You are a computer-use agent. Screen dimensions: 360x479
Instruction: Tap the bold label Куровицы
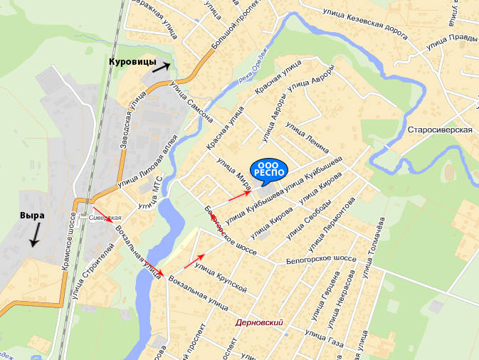pos(132,63)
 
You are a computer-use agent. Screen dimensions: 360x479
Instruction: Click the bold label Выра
pos(32,215)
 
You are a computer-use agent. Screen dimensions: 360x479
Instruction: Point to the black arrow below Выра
pos(34,234)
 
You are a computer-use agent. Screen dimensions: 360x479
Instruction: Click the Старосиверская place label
pos(441,130)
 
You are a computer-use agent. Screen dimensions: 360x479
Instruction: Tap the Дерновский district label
pos(259,323)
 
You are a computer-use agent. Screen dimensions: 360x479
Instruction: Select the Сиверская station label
pos(105,217)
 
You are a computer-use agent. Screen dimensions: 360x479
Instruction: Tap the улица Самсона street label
pos(190,101)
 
